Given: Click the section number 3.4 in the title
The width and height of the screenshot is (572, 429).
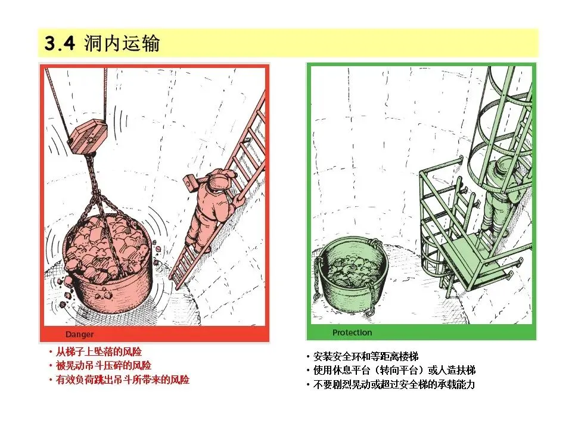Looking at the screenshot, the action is click(60, 43).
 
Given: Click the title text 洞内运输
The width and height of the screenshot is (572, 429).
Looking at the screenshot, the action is click(122, 43).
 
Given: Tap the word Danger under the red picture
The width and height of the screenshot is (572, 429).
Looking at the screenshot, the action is click(79, 334).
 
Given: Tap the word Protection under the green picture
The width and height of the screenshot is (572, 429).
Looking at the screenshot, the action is click(352, 332).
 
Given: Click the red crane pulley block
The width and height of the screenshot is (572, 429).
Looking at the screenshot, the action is click(88, 136).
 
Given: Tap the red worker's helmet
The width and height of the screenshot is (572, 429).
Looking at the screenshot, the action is click(220, 179).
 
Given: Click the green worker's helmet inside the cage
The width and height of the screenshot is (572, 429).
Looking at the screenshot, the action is click(505, 167).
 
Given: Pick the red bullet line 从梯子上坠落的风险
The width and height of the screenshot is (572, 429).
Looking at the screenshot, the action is click(95, 352).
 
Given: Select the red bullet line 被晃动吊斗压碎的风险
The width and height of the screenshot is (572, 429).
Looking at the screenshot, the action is click(100, 365).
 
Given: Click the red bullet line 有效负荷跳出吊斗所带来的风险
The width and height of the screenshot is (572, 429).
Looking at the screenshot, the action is click(119, 380).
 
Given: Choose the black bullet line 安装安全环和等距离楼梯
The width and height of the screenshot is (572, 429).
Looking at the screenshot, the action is click(362, 356).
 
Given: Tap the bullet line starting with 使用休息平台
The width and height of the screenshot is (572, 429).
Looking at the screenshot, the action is click(391, 371).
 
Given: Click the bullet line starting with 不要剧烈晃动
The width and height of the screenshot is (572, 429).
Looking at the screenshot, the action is click(390, 384).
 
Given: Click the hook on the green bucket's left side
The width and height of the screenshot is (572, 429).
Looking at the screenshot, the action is click(317, 277).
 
